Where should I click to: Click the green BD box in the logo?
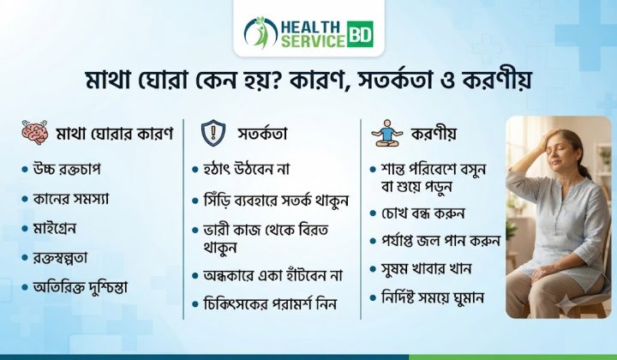[360, 34]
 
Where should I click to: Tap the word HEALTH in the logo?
[310, 27]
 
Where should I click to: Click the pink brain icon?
[34, 133]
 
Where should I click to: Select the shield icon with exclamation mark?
[213, 133]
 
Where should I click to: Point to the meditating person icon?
[387, 134]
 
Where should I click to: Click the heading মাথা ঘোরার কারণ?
[115, 134]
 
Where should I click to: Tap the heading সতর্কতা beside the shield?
[262, 134]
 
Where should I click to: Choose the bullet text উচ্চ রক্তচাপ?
[67, 169]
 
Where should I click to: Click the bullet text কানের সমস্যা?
[71, 199]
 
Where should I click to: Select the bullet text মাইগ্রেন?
[55, 229]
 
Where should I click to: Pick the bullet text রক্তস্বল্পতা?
[60, 258]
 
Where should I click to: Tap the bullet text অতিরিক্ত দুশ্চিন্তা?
[81, 288]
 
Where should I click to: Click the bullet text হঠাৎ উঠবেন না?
[246, 169]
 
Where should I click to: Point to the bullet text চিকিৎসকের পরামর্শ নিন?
[270, 304]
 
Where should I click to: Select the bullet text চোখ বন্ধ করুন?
[423, 213]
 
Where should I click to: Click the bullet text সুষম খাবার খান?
[426, 269]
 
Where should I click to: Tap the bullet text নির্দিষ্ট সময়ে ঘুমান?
[433, 297]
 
